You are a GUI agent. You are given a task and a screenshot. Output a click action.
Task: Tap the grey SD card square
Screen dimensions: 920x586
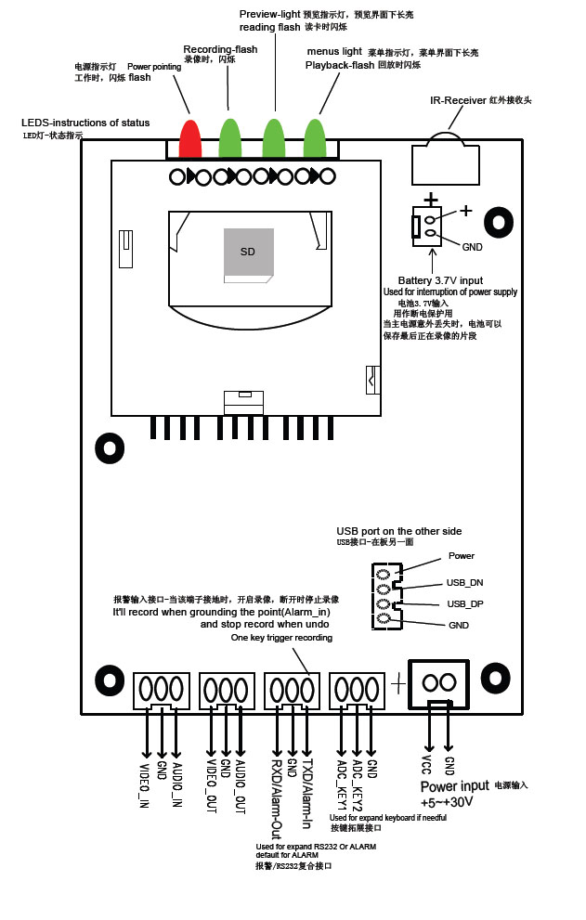click(x=248, y=252)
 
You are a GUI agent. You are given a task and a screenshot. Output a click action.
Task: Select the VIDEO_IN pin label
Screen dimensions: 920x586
click(x=145, y=784)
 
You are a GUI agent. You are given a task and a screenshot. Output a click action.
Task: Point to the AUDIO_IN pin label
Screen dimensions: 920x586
click(x=178, y=784)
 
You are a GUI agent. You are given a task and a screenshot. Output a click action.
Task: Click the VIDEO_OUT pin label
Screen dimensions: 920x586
click(x=211, y=787)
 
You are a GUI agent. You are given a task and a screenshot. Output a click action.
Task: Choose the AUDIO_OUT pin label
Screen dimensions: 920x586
click(x=241, y=787)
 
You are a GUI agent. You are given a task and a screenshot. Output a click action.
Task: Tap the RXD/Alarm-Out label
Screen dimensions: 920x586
click(x=276, y=796)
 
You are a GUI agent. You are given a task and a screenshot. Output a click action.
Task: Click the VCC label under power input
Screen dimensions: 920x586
click(x=427, y=765)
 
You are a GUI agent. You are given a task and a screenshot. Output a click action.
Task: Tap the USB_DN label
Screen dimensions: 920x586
click(x=465, y=582)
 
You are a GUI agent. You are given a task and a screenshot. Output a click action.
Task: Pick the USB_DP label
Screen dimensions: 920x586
click(x=465, y=603)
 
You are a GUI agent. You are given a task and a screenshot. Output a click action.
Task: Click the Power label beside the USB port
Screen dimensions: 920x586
click(x=462, y=556)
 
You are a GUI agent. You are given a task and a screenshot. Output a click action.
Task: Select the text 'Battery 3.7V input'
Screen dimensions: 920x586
click(x=440, y=279)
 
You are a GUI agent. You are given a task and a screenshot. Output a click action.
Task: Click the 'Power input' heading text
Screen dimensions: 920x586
click(x=455, y=785)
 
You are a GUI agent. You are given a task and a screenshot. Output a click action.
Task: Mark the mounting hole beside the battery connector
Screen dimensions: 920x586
click(x=500, y=223)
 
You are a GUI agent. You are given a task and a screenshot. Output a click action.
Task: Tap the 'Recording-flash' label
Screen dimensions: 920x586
click(x=220, y=49)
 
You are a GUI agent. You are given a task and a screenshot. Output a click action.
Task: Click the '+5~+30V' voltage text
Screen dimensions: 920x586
click(x=448, y=802)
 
